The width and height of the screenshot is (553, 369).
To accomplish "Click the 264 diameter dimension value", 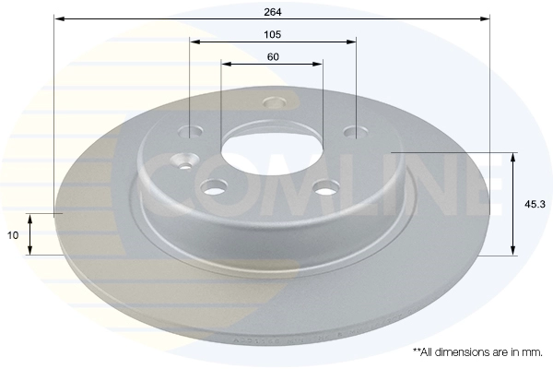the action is pyautogui.click(x=273, y=12).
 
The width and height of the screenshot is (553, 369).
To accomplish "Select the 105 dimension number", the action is pyautogui.click(x=273, y=35).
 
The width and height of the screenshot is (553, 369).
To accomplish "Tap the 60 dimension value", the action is pyautogui.click(x=273, y=57).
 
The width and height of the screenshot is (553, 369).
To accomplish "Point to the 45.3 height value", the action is pyautogui.click(x=535, y=204).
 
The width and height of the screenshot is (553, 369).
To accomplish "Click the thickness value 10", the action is pyautogui.click(x=13, y=235).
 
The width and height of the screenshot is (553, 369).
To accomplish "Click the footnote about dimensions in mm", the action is pyautogui.click(x=477, y=352).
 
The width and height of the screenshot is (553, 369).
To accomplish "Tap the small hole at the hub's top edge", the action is pyautogui.click(x=274, y=102).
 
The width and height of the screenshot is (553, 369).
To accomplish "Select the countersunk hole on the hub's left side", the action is pyautogui.click(x=184, y=161).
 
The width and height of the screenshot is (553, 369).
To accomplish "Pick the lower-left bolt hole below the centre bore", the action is pyautogui.click(x=214, y=187).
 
